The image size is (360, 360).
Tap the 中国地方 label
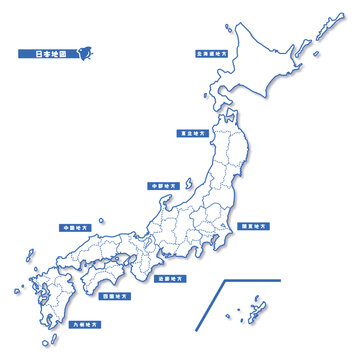73,227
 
